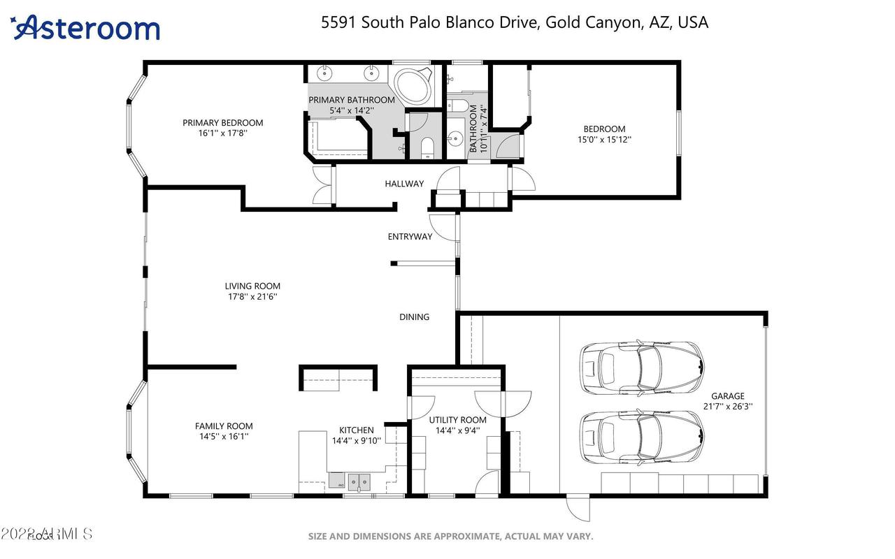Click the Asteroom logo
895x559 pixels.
click(85, 28)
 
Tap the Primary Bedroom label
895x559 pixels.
click(223, 123)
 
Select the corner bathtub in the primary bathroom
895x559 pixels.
click(414, 86)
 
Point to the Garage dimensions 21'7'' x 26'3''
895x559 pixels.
click(728, 406)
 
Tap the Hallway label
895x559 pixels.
click(404, 184)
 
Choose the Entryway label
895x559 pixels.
click(410, 237)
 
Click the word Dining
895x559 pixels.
click(414, 317)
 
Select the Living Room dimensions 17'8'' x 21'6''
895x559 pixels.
click(252, 296)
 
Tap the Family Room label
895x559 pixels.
click(224, 426)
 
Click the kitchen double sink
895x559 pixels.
click(359, 481)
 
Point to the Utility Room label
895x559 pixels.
click(458, 420)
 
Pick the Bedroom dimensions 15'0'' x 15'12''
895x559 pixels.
click(604, 139)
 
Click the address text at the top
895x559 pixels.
click(514, 22)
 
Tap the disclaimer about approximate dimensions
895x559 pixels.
click(451, 537)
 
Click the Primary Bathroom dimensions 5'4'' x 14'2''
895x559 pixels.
click(352, 110)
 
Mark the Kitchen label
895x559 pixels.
click(357, 430)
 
